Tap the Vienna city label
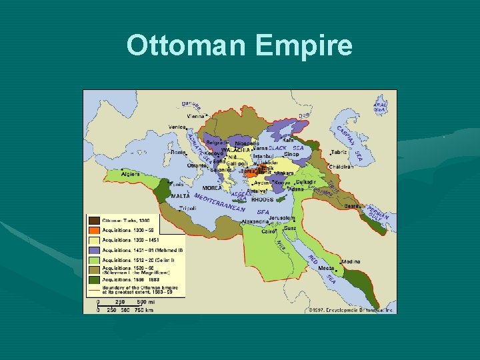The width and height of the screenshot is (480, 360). click(196, 116)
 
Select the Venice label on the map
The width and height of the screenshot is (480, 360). click(177, 127)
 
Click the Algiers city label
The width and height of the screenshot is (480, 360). click(130, 174)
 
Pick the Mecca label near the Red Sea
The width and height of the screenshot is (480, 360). click(326, 268)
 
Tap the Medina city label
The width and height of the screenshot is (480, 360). click(351, 263)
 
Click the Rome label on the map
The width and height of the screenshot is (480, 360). click(178, 152)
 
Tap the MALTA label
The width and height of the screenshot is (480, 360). click(180, 196)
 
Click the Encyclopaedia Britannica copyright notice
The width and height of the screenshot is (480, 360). click(351, 310)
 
